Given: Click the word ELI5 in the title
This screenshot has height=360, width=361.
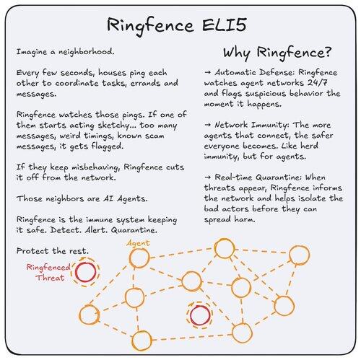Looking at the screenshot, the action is pos(225,25).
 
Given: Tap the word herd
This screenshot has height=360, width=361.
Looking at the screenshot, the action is pos(309,146).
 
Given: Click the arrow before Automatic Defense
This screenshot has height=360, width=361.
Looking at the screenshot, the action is pos(208,72).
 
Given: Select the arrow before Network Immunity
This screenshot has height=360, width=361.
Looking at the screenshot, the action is pos(208,125).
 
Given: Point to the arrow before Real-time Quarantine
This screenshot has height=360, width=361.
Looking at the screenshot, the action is pos(208,177).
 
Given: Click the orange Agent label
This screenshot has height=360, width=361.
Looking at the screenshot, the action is pos(138,243).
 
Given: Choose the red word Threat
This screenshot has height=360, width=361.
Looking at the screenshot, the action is pos(50,278).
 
